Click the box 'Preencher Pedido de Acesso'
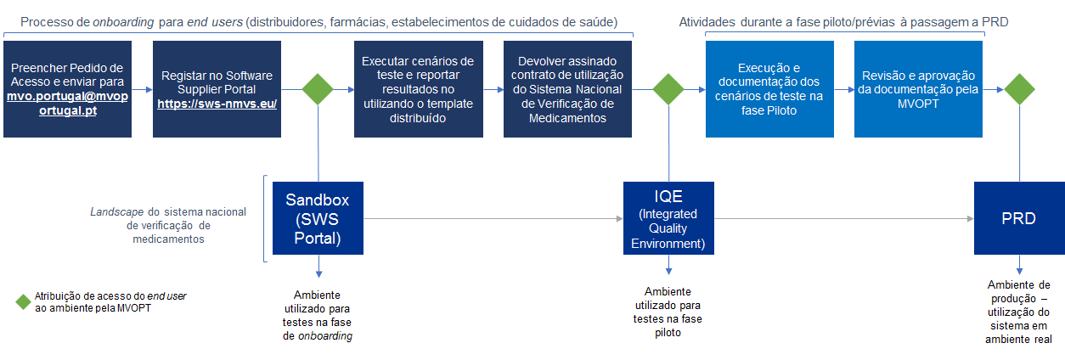click(67, 88)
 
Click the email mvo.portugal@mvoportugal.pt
click(67, 104)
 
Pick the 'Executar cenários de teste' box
click(418, 88)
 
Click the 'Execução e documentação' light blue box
click(769, 88)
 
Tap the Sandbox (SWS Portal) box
click(318, 218)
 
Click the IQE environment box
click(668, 218)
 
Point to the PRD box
click(1018, 218)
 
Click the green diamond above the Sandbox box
click(318, 88)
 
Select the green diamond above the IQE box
click(668, 88)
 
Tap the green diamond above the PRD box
click(1018, 88)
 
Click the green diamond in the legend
click(23, 301)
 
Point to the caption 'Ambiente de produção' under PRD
click(1018, 312)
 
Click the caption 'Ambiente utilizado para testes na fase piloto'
click(668, 312)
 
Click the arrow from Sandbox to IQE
click(493, 219)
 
